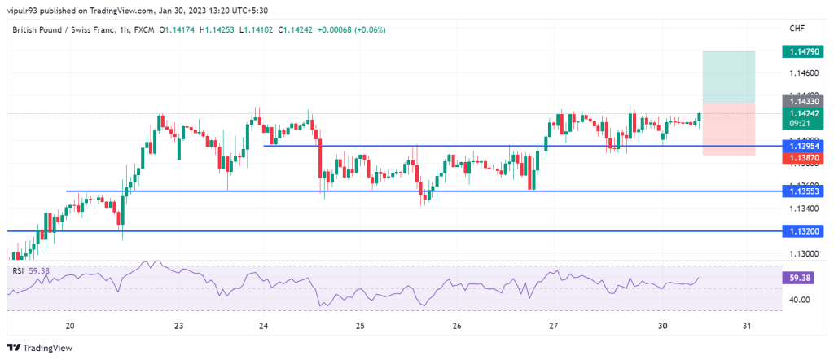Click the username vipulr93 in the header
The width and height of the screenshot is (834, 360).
coord(30,11)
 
